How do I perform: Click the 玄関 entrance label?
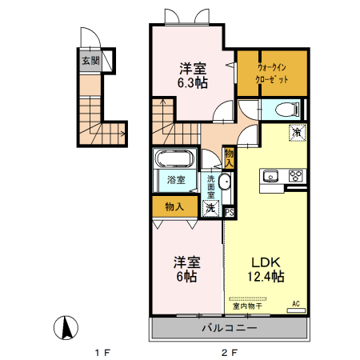(90, 61)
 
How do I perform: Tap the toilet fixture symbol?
(287, 110)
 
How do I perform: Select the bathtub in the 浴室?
(175, 159)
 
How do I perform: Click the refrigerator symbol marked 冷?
(297, 133)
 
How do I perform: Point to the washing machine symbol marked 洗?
(210, 208)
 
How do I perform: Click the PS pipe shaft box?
(230, 213)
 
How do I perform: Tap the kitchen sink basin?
(270, 176)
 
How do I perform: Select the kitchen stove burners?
(295, 176)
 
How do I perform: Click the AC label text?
(296, 303)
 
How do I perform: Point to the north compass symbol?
(66, 327)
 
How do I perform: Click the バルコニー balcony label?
(230, 328)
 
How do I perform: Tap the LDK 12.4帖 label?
(266, 270)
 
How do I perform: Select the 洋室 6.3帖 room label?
(193, 75)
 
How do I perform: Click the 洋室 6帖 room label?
(186, 270)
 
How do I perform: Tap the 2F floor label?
(229, 353)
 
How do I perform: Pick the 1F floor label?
(102, 353)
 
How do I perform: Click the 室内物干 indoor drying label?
(247, 306)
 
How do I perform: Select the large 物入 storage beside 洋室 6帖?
(174, 206)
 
